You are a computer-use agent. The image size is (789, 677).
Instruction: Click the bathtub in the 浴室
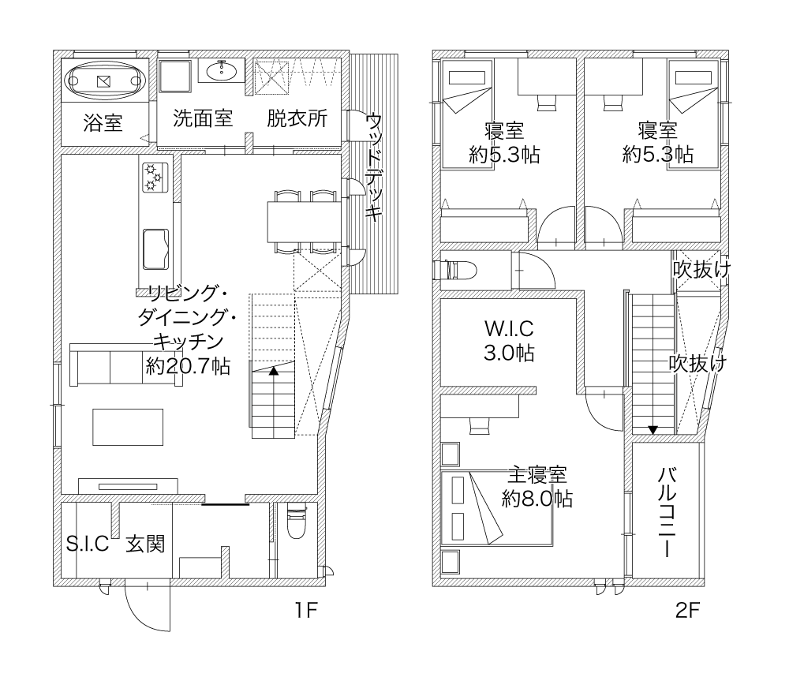[x=105, y=80]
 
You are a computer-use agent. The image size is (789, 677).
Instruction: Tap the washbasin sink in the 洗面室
[x=221, y=71]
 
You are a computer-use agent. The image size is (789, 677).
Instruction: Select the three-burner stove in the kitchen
[x=155, y=178]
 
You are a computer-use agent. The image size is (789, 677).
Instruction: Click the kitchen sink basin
[x=155, y=249]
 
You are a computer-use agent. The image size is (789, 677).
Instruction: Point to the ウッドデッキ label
[x=373, y=167]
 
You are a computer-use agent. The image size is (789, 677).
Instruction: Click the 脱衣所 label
[x=297, y=118]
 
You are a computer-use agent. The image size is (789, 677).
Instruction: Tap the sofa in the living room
[x=125, y=365]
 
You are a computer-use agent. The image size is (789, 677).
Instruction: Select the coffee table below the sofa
[x=128, y=427]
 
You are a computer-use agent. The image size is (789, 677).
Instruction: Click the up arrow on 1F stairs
[x=273, y=371]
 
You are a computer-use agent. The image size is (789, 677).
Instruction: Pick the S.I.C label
[x=88, y=544]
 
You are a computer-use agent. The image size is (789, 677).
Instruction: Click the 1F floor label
[x=305, y=611]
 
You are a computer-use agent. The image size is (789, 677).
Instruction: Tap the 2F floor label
[x=687, y=611]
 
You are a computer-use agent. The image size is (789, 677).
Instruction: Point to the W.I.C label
[x=509, y=329]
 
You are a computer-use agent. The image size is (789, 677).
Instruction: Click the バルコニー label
[x=667, y=512]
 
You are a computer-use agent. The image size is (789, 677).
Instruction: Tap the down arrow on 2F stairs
[x=653, y=430]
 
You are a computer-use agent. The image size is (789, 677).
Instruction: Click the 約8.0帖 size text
[x=537, y=499]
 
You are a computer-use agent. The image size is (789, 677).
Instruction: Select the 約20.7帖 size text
[x=189, y=366]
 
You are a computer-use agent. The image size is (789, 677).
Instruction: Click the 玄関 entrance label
[x=145, y=544]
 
